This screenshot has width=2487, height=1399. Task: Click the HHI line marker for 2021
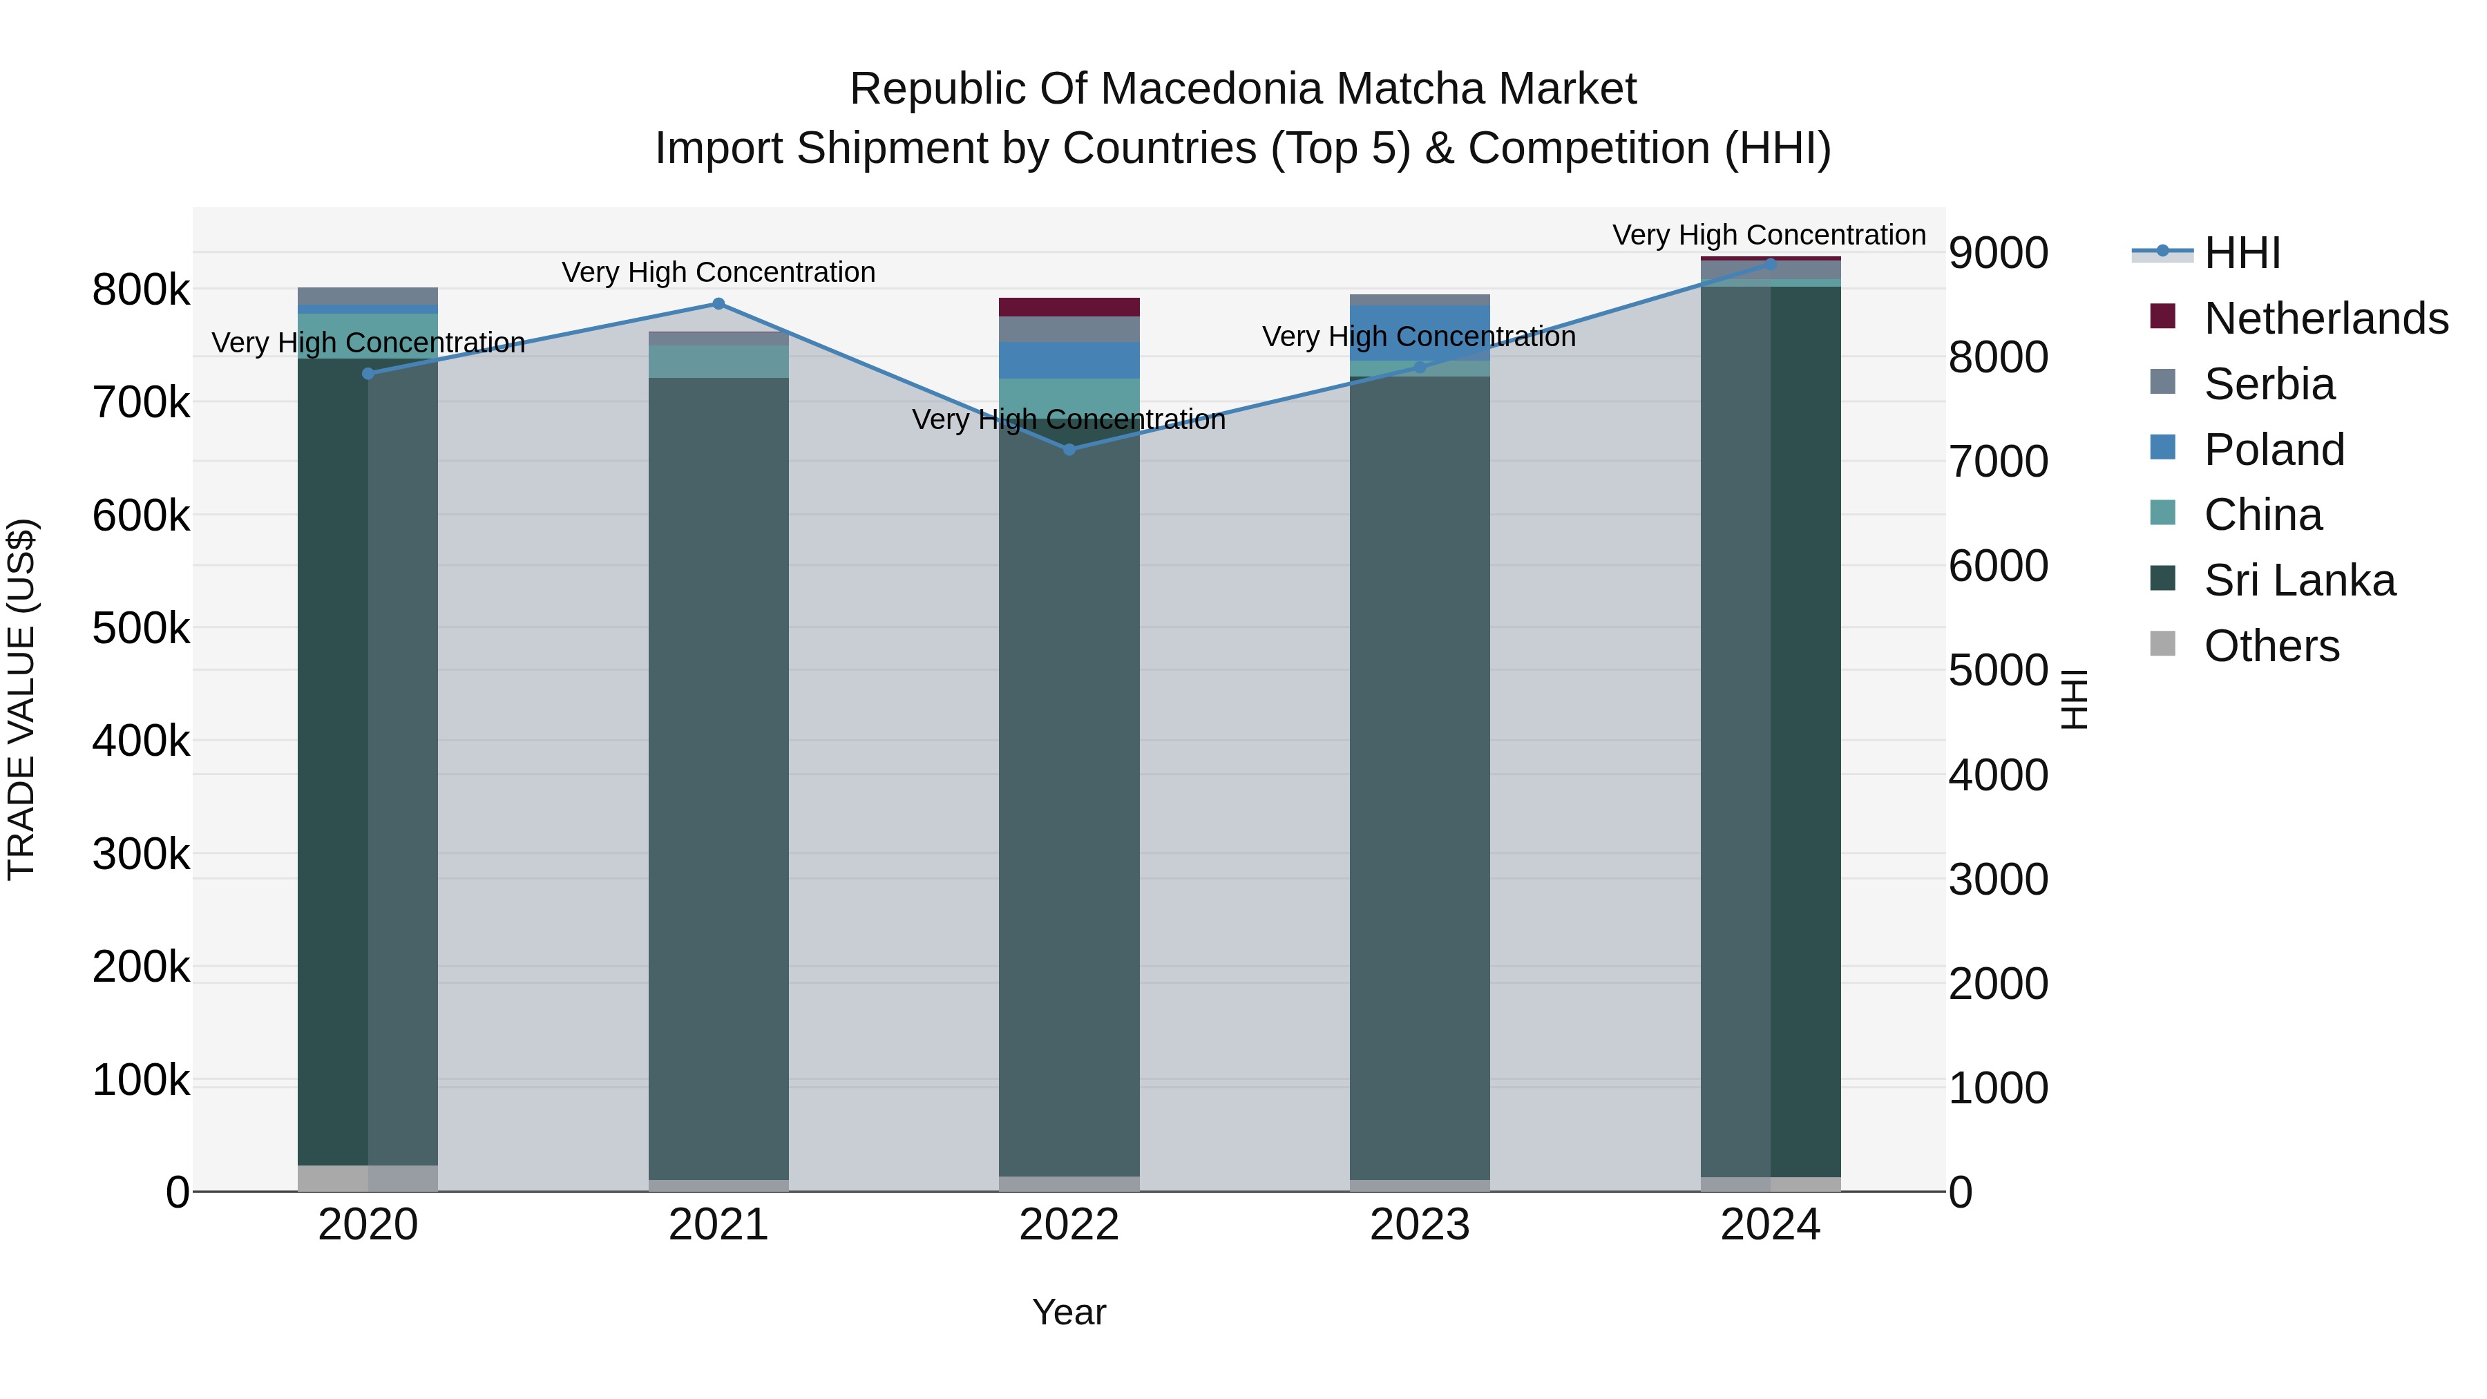click(718, 304)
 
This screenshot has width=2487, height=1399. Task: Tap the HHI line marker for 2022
click(1069, 449)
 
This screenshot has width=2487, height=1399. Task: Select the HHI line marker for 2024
click(1770, 264)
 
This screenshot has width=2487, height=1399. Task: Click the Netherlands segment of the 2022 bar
click(1069, 307)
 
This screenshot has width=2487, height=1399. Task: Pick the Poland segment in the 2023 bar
click(1419, 333)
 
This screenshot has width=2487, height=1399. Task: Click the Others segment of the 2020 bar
click(367, 1178)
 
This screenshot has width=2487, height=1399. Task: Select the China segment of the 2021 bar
click(718, 362)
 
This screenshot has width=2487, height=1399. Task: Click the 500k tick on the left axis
click(141, 629)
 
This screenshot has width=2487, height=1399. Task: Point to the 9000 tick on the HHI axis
click(1997, 253)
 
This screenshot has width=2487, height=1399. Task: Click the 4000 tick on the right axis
click(1997, 775)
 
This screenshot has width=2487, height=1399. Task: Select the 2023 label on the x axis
click(1419, 1225)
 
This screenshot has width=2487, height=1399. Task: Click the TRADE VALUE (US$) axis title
click(21, 699)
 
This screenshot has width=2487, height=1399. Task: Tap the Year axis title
click(1069, 1312)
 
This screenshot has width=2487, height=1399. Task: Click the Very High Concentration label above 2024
click(1769, 235)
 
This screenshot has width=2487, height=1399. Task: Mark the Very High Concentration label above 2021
click(718, 272)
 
